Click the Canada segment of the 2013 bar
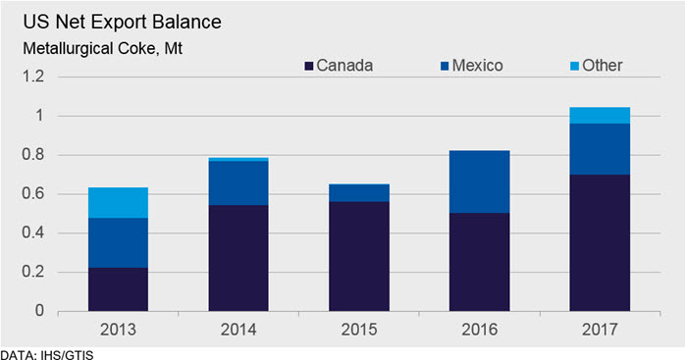pos(118,289)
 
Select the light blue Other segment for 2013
pos(118,203)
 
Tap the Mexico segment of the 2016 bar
pos(479,181)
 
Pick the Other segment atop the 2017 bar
pos(600,116)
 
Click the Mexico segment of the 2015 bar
pos(359,192)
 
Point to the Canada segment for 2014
pos(238,258)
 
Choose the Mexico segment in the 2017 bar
pos(600,149)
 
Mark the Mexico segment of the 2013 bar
pos(118,243)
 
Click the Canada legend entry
pos(339,66)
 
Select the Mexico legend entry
pos(472,66)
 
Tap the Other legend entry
pos(597,66)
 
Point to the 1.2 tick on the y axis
pos(33,77)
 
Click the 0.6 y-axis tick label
pos(33,193)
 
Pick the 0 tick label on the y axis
pos(39,311)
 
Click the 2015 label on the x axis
pos(359,330)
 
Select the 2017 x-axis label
pos(600,330)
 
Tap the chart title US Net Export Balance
pos(123,22)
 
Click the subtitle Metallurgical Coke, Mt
pos(103,48)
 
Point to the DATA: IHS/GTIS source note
pos(47,354)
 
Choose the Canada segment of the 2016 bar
pos(479,262)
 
